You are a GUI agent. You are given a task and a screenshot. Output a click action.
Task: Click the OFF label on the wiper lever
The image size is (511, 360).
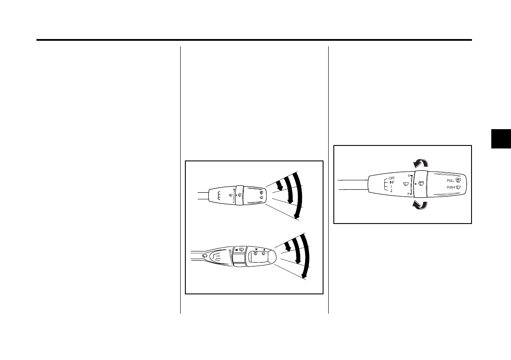392,178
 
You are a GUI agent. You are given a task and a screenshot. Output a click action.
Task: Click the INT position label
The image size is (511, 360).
392,182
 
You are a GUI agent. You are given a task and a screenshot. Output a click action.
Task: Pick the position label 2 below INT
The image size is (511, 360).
391,190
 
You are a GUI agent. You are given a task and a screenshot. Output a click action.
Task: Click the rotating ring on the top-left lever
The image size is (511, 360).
239,196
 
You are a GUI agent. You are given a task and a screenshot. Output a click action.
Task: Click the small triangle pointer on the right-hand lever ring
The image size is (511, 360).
415,184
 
